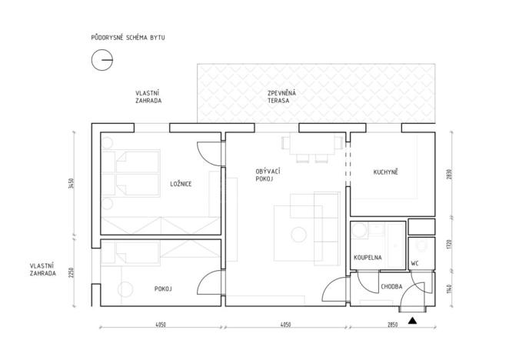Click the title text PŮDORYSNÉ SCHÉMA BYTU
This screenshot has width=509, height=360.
[127, 37]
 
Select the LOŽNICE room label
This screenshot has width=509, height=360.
[181, 183]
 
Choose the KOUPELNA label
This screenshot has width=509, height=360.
[368, 258]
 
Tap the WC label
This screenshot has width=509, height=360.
[415, 263]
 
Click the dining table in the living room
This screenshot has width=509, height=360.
[311, 144]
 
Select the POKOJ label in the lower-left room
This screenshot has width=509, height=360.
[161, 288]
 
